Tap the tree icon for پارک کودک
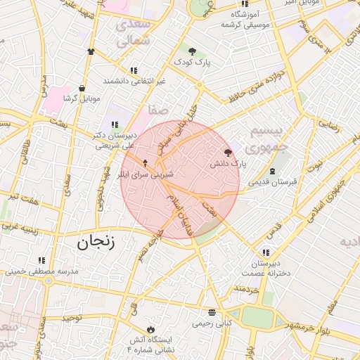pos(192,51)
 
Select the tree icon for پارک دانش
pos(227,152)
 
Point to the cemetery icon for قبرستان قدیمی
pos(272,172)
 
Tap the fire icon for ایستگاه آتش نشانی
pos(149,329)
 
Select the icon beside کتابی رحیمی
pos(212,312)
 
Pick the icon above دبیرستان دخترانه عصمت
pos(265,252)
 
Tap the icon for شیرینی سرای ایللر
pos(145,162)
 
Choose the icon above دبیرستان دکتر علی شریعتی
pos(115,124)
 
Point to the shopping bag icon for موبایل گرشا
pos(83,89)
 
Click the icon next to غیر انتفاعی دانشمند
pos(134,70)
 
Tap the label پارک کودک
pos(193,62)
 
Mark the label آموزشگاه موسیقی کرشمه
pos(244,19)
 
